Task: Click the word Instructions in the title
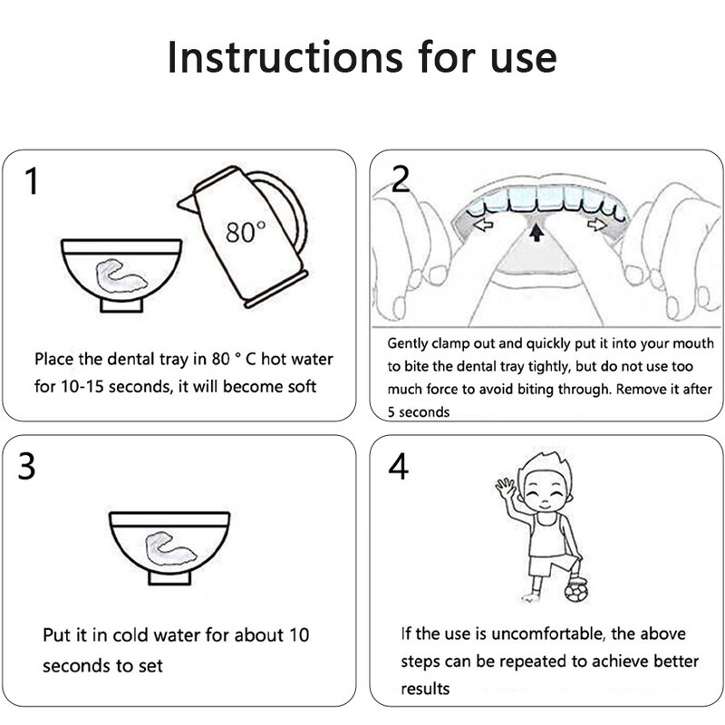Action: tap(285, 57)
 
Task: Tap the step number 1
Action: tap(32, 180)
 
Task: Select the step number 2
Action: tap(401, 179)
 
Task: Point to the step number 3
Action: tap(26, 466)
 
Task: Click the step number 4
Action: tap(398, 466)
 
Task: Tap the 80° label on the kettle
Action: tap(246, 232)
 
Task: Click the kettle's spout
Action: tap(188, 203)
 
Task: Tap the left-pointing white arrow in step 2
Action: tap(483, 225)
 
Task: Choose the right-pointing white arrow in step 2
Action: tap(597, 225)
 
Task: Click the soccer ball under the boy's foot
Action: tap(576, 593)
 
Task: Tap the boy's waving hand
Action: tap(506, 487)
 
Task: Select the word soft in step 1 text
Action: tap(302, 387)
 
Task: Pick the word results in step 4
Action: tap(425, 689)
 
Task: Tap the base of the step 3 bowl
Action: tap(169, 577)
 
